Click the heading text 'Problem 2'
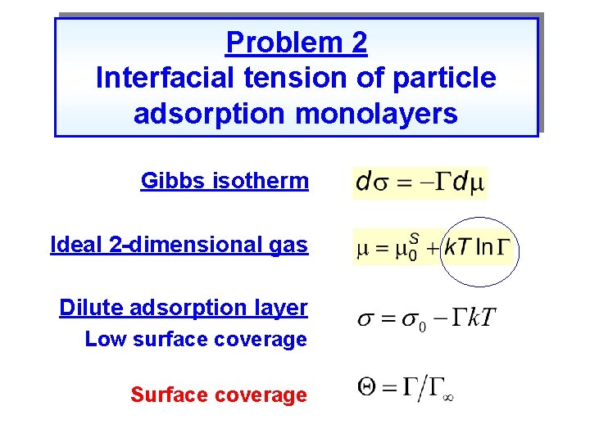pos(296,43)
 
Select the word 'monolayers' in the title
pos(376,115)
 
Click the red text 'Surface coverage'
pos(218,395)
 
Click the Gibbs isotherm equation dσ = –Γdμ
pos(420,183)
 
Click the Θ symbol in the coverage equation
pos(368,386)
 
